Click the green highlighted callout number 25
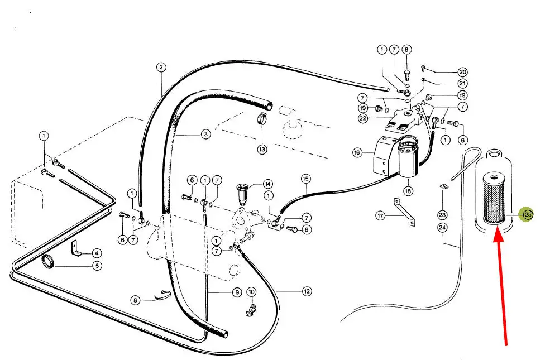(x=528, y=214)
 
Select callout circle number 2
(x=161, y=68)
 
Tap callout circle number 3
(x=205, y=134)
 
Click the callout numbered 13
(x=262, y=150)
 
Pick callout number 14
(x=267, y=184)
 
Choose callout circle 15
(x=305, y=179)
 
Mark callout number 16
(x=357, y=152)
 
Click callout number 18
(x=408, y=191)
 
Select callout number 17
(x=381, y=215)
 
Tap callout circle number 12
(x=307, y=291)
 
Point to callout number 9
(x=237, y=292)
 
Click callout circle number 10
(x=251, y=292)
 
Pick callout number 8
(x=135, y=300)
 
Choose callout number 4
(x=97, y=253)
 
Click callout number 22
(x=363, y=118)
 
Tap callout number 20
(x=463, y=72)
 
